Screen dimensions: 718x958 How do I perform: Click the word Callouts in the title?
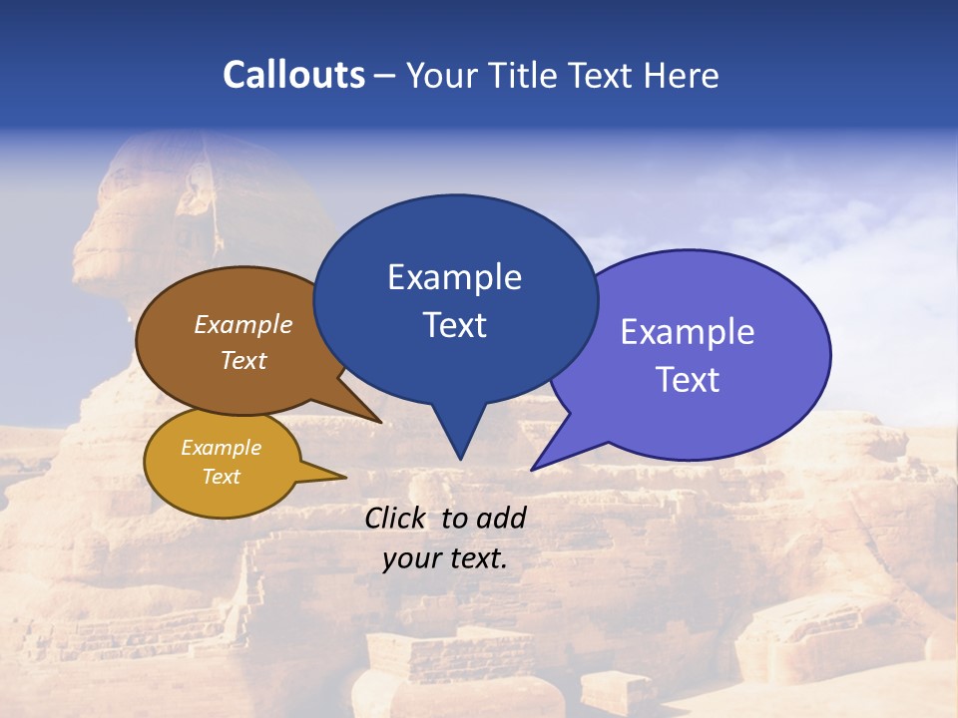(293, 75)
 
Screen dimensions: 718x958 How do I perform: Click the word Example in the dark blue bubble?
(454, 276)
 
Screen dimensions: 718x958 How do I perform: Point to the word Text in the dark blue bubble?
(454, 324)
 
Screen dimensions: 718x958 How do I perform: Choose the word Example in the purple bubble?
(688, 331)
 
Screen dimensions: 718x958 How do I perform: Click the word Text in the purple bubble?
(688, 379)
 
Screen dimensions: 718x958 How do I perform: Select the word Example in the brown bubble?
(243, 324)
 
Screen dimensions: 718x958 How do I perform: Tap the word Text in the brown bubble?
(243, 360)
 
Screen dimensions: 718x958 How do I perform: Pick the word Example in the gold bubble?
(221, 448)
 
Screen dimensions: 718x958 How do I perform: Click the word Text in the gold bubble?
(221, 477)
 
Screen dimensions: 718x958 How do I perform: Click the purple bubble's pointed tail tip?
(533, 469)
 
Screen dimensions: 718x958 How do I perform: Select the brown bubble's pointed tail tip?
(380, 422)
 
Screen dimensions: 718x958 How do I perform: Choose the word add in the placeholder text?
(501, 518)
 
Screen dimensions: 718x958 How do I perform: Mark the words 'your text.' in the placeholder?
(445, 558)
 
